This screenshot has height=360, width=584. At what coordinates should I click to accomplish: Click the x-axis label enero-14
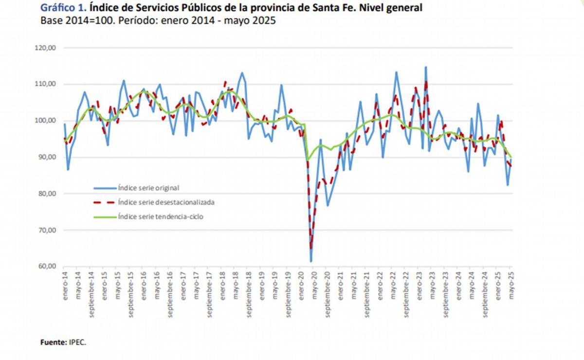pyautogui.click(x=65, y=287)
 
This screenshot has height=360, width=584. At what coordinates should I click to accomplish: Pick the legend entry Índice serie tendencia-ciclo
pyautogui.click(x=160, y=217)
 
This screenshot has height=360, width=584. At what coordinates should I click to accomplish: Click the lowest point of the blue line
pyautogui.click(x=310, y=262)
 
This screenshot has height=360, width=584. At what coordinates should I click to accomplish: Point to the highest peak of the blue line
pyautogui.click(x=426, y=67)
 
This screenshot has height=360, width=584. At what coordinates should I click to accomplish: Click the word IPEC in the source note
pyautogui.click(x=77, y=342)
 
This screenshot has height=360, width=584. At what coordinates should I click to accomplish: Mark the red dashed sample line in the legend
pyautogui.click(x=104, y=201)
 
